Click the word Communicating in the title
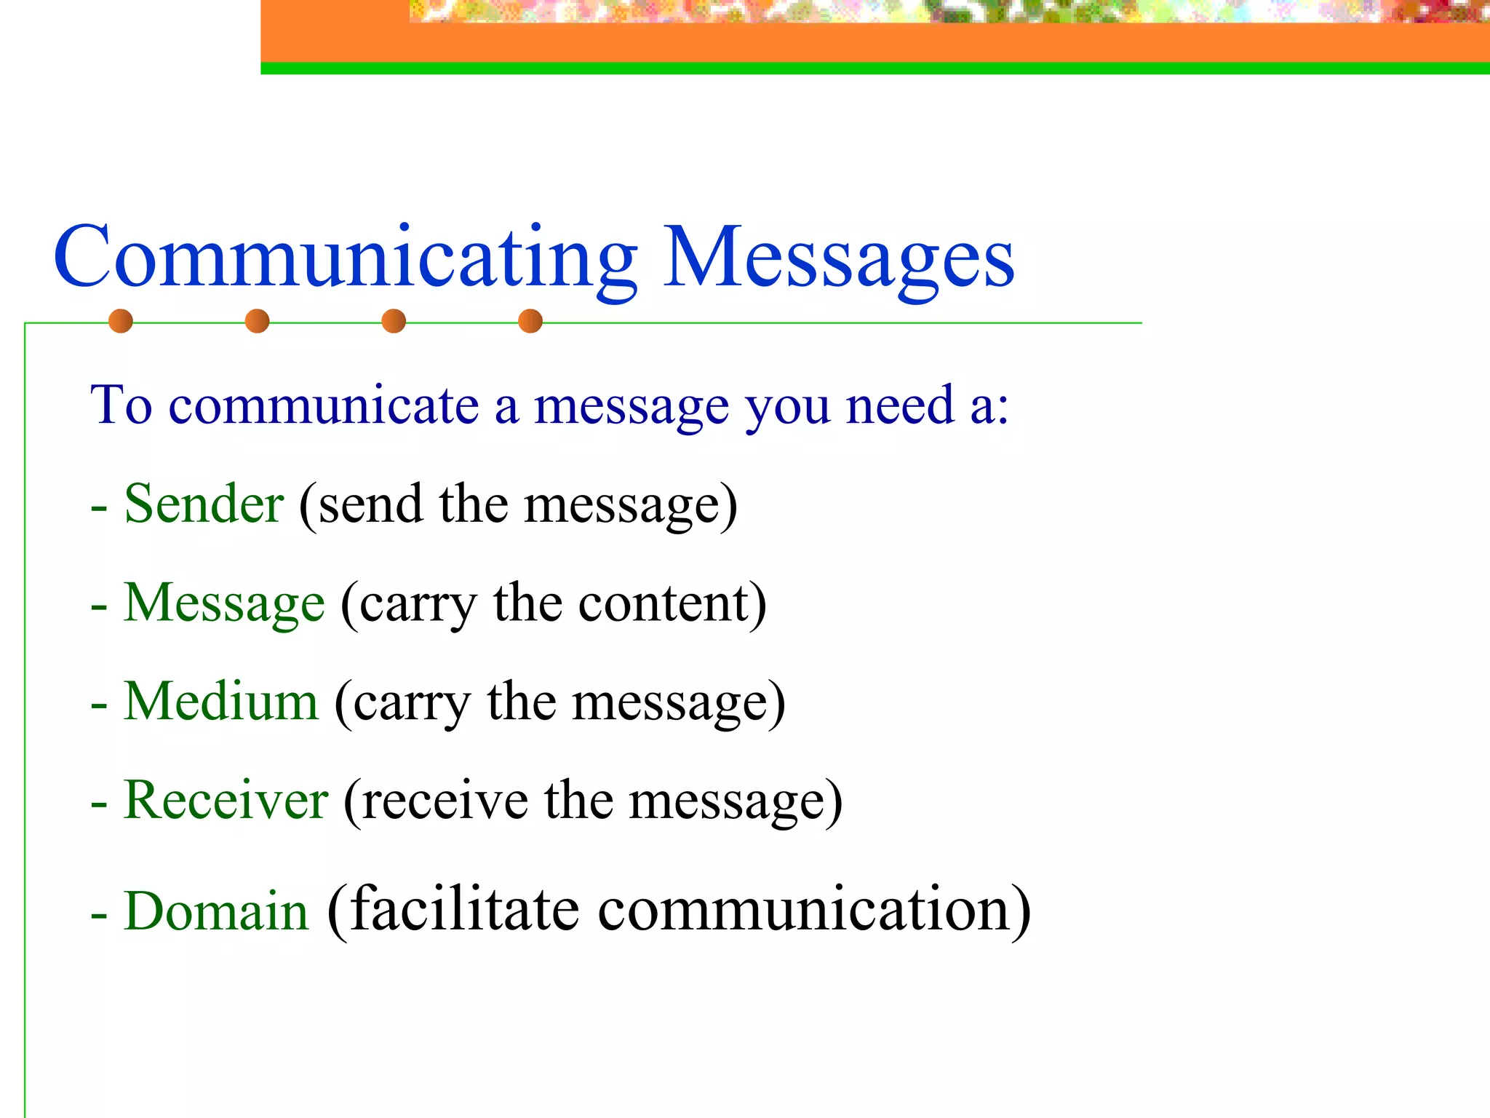tap(345, 259)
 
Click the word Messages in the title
tap(838, 259)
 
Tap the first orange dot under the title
tap(121, 321)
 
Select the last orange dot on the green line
tap(530, 321)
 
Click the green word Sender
tap(204, 504)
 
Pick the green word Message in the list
tap(224, 603)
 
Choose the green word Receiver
tap(226, 800)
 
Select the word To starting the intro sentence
tap(121, 405)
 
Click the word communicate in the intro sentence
tap(324, 405)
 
